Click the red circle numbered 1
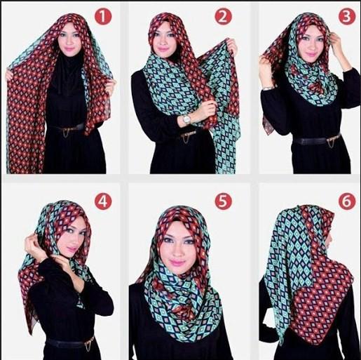pos(103,16)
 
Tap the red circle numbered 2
pos(223,16)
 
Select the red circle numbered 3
pos(347,16)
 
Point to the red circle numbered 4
pos(103,201)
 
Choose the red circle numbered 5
pos(223,201)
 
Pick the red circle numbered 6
pos(347,201)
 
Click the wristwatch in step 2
pos(186,119)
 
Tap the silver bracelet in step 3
pos(268,88)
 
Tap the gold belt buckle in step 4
pos(90,343)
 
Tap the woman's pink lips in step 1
pos(69,50)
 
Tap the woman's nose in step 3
pos(312,45)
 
